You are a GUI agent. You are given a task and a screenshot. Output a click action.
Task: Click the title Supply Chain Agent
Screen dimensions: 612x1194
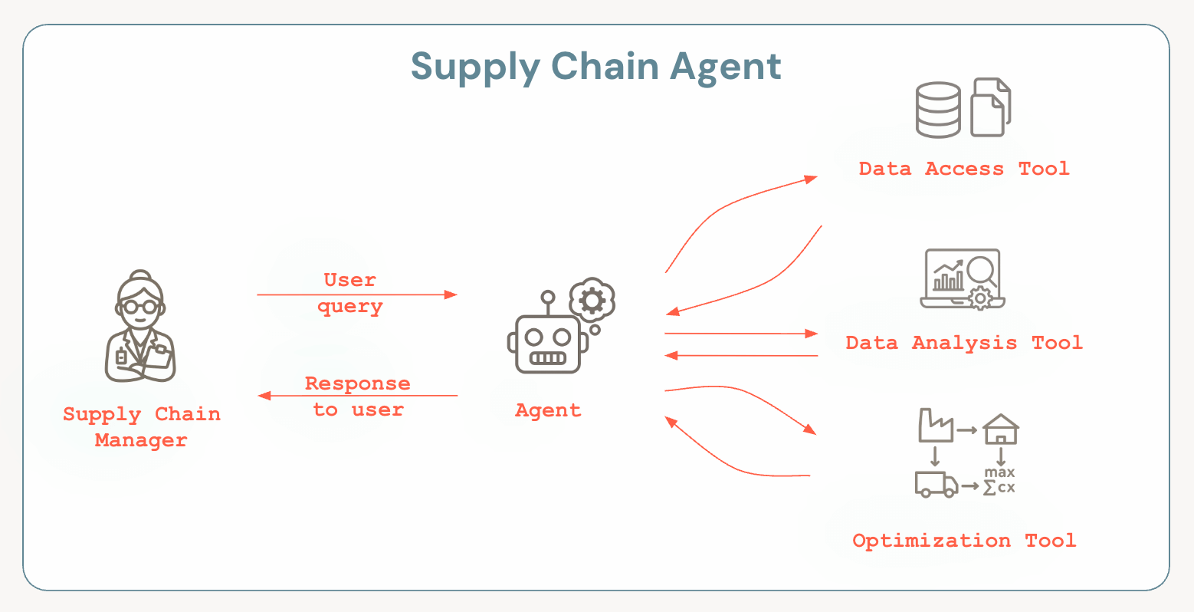click(595, 67)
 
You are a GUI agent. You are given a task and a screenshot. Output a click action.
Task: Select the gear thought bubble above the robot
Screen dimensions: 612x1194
click(592, 300)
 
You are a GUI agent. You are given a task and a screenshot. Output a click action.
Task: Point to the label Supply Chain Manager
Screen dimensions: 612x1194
click(141, 427)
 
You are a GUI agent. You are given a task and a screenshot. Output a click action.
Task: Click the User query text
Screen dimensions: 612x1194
click(350, 293)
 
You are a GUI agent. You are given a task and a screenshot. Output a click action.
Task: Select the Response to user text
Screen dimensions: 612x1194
click(358, 396)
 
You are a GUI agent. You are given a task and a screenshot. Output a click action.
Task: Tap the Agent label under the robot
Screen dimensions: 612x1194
click(548, 410)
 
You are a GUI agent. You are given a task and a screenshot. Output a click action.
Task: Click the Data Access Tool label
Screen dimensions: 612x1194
click(963, 169)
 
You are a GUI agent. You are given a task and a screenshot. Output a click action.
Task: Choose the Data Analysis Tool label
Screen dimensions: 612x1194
click(963, 343)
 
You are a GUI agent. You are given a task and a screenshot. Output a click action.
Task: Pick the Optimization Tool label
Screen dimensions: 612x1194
click(963, 541)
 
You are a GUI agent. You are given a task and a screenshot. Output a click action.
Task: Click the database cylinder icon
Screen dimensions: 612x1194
click(938, 110)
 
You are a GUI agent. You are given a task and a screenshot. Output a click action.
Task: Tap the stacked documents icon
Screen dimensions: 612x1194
click(991, 107)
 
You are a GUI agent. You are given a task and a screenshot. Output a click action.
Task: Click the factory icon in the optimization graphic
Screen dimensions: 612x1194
click(935, 426)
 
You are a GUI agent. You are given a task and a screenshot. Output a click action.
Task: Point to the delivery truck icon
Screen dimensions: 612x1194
click(936, 484)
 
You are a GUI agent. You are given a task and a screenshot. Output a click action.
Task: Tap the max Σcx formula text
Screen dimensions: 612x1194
click(999, 481)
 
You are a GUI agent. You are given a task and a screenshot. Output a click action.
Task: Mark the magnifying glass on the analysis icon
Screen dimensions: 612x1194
click(981, 271)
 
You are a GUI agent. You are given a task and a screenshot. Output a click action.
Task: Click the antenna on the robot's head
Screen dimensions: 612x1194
click(547, 301)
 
